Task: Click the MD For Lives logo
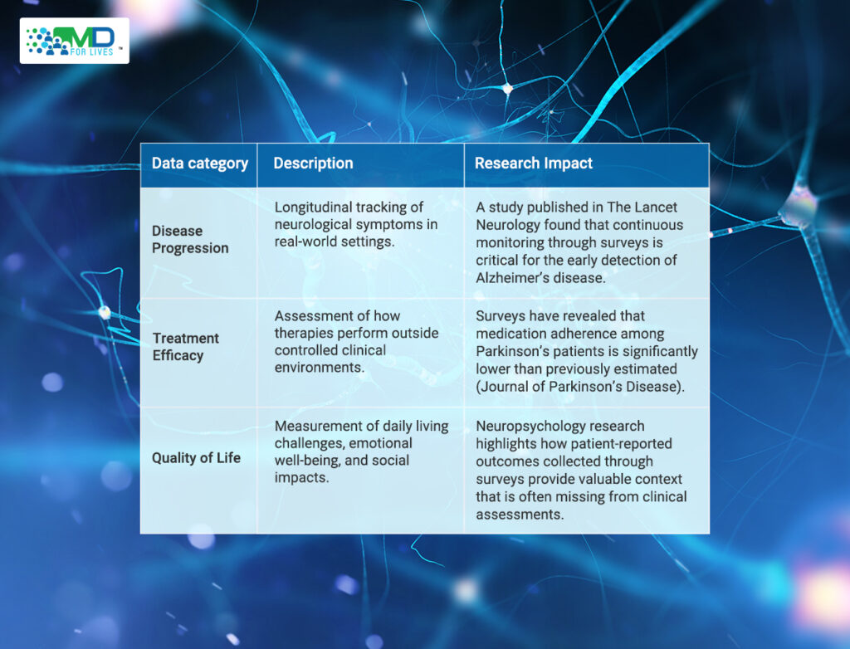click(74, 41)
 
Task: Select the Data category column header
click(199, 163)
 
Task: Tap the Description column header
click(313, 163)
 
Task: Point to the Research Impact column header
click(534, 163)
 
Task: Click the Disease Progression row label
click(190, 239)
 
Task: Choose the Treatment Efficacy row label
click(185, 346)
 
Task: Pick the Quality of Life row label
click(196, 457)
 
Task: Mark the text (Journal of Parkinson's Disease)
click(580, 387)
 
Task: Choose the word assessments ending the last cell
click(520, 514)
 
